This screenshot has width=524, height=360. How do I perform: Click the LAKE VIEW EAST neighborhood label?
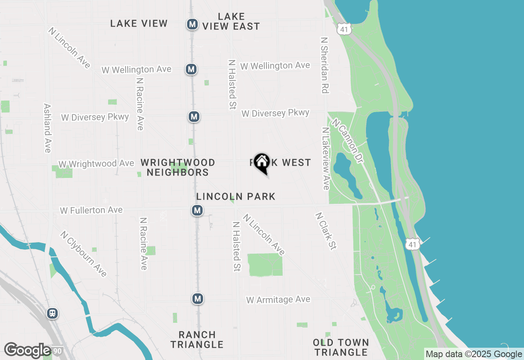(231, 22)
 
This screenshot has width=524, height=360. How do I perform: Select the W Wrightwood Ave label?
(96, 164)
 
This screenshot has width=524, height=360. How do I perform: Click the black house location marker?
(262, 163)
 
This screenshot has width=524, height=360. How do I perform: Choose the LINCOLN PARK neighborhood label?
(236, 197)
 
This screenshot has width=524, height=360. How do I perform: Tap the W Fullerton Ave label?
(91, 210)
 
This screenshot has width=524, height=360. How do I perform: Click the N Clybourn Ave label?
(83, 254)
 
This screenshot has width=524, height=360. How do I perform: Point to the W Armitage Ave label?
(278, 300)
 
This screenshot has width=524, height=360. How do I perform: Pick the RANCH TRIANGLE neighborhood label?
(197, 340)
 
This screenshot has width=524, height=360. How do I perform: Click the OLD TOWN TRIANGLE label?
(341, 347)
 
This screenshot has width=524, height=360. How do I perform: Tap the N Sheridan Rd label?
(325, 65)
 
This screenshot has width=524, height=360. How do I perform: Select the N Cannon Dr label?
(348, 141)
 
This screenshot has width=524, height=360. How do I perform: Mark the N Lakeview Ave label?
(326, 159)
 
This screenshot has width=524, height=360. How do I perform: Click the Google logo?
(27, 350)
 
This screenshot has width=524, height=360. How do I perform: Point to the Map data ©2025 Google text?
(474, 354)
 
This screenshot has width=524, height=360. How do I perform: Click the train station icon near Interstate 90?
(52, 313)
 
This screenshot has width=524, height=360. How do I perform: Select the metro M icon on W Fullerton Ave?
(197, 210)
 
